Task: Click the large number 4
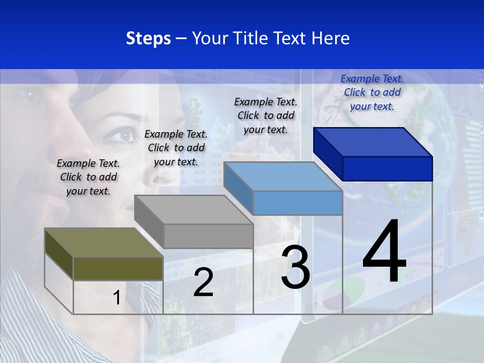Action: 385,252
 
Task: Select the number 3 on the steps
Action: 295,267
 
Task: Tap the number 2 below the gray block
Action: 203,282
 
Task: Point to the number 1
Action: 116,297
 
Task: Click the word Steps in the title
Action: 148,38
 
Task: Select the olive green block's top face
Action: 103,243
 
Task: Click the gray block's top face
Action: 194,209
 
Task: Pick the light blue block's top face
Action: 283,176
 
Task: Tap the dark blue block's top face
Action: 373,142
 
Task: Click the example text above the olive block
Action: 88,177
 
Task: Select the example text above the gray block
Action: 176,148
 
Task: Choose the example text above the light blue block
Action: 266,115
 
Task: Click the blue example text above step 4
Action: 372,92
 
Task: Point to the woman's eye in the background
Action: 125,135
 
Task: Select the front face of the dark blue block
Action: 387,168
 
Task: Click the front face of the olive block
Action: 118,268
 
